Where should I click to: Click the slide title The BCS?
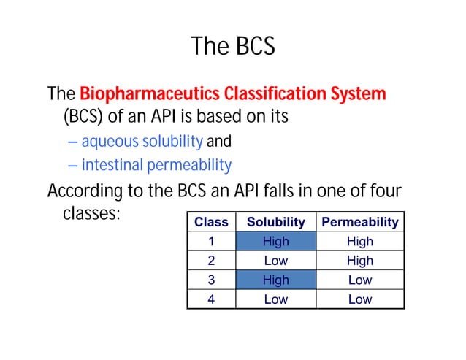(233, 47)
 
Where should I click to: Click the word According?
(83, 192)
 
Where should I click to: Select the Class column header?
(211, 222)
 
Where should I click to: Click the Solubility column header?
(275, 222)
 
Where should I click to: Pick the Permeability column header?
(360, 222)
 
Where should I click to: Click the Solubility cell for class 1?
(275, 242)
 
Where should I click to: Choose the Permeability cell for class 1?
(360, 242)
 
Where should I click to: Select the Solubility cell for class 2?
(275, 261)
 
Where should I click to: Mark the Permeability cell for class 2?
(360, 261)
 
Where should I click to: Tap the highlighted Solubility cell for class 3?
(275, 280)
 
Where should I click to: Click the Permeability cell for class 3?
(360, 280)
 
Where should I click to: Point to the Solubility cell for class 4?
(275, 299)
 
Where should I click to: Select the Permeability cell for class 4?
(360, 299)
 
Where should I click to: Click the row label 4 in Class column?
(211, 299)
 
